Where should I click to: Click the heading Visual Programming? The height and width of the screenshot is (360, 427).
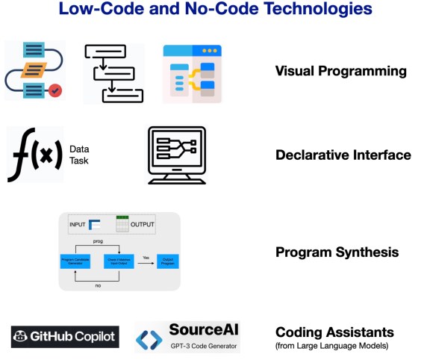click(x=340, y=72)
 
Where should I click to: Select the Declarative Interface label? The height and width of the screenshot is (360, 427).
click(x=343, y=155)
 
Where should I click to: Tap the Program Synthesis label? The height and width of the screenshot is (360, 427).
click(x=337, y=252)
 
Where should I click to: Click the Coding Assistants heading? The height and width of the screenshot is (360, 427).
click(x=334, y=332)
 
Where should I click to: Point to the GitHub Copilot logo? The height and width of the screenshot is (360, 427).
click(x=65, y=338)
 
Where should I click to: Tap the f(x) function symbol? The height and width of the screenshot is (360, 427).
click(x=34, y=155)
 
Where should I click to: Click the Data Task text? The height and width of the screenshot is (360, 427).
click(x=78, y=155)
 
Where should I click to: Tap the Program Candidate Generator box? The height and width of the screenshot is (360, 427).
click(x=75, y=262)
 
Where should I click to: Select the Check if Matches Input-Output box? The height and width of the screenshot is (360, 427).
click(x=119, y=262)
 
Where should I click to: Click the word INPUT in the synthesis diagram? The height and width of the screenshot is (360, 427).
click(x=78, y=225)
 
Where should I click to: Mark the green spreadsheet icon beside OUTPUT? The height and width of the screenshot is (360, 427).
click(x=123, y=224)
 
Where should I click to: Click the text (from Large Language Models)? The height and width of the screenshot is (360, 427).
click(x=331, y=345)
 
